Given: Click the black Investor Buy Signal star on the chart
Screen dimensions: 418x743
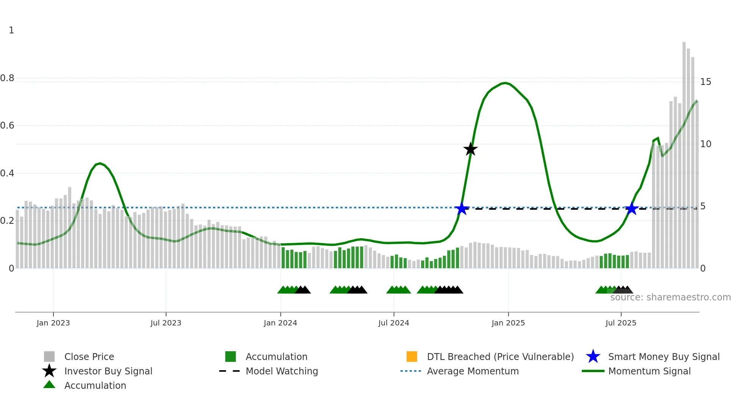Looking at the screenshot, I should pyautogui.click(x=470, y=149).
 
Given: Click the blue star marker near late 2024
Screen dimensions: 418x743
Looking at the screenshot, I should pyautogui.click(x=461, y=209).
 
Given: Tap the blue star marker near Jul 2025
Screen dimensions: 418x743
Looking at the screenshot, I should pyautogui.click(x=632, y=209).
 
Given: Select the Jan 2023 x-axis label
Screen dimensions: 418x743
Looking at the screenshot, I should pyautogui.click(x=53, y=323).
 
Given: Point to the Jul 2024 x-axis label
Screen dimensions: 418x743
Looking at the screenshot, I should pyautogui.click(x=393, y=323).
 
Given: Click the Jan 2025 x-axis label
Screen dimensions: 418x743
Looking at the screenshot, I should pyautogui.click(x=508, y=323).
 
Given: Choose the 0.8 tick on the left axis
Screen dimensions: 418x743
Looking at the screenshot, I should pyautogui.click(x=7, y=78).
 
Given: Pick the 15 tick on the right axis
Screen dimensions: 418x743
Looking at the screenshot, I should pyautogui.click(x=705, y=82).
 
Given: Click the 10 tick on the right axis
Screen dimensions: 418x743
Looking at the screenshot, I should pyautogui.click(x=705, y=144).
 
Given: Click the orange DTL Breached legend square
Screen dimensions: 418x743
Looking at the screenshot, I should pyautogui.click(x=412, y=357).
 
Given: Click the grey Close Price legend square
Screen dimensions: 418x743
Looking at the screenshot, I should pyautogui.click(x=49, y=357).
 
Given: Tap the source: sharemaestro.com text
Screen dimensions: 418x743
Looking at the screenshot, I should pyautogui.click(x=670, y=297).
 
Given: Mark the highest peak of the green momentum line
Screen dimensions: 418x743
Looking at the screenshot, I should pyautogui.click(x=505, y=83).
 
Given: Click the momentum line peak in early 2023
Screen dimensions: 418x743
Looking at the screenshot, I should pyautogui.click(x=100, y=163).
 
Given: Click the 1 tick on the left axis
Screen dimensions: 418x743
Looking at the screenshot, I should pyautogui.click(x=11, y=30).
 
